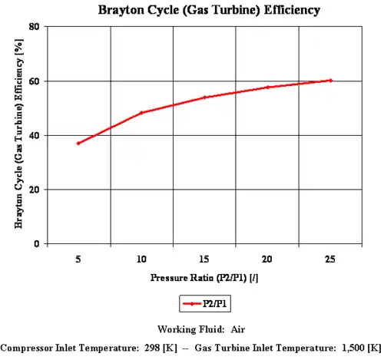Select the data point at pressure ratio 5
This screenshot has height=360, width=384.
pos(78,144)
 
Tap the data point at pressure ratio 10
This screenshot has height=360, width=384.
pos(141,113)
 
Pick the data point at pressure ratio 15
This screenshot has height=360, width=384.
pos(204,97)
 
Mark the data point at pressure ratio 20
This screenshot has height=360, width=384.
pos(267,88)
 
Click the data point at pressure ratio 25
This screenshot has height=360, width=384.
pos(330,81)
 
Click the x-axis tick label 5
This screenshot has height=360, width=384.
pos(78,259)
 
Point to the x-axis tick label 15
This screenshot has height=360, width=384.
pos(204,259)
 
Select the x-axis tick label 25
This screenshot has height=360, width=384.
pos(330,259)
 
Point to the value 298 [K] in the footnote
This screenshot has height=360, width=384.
pos(159,347)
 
